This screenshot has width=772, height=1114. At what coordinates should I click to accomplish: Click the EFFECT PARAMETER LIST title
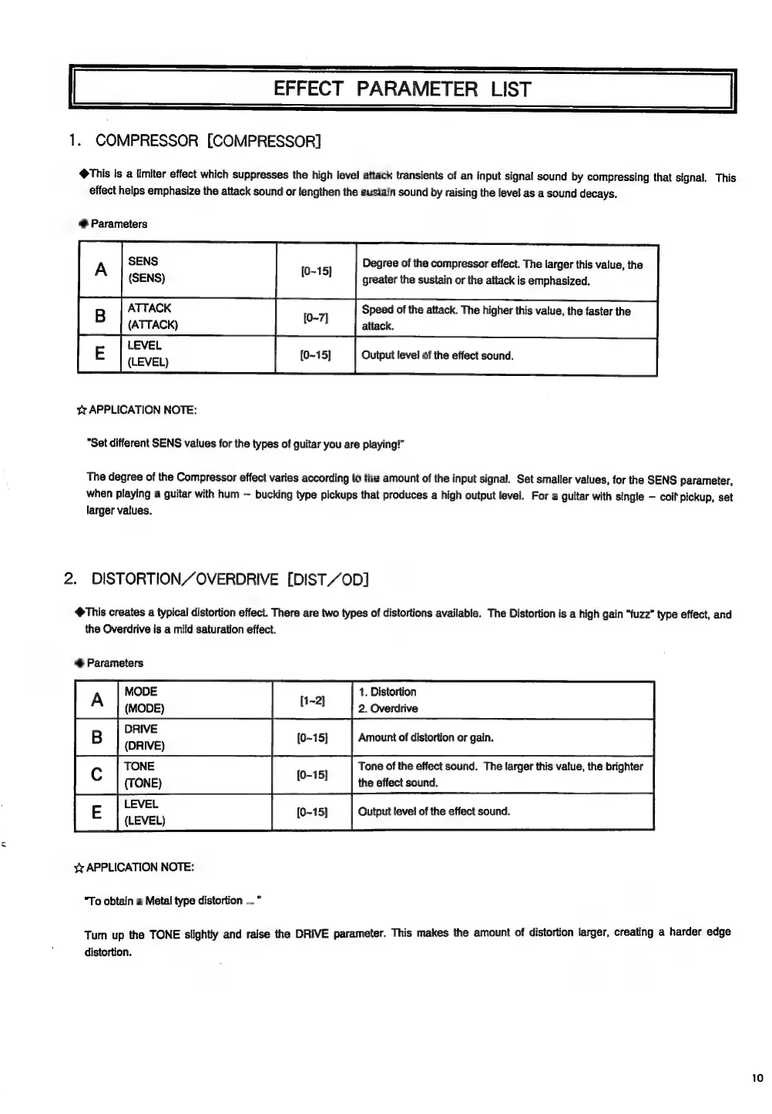point(401,89)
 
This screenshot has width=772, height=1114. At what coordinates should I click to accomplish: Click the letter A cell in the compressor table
point(100,270)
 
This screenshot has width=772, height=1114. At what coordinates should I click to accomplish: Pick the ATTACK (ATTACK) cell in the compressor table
point(153,316)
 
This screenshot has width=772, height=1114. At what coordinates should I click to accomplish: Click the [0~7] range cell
point(315,317)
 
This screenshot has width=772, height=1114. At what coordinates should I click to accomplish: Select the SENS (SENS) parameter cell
point(146,270)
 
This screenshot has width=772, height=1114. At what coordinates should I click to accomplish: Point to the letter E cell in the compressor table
point(99,354)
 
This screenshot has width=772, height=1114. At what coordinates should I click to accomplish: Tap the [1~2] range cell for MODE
point(311,700)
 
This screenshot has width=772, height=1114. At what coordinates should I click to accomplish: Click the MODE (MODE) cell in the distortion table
point(144,700)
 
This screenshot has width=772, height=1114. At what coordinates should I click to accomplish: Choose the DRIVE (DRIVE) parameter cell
point(144,737)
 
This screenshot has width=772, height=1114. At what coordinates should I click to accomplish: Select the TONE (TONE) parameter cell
point(143,774)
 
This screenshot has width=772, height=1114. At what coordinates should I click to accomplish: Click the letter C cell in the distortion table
point(97,774)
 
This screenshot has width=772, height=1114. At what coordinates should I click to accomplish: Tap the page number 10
point(757,1078)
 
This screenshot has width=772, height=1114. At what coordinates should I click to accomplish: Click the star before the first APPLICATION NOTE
point(82,411)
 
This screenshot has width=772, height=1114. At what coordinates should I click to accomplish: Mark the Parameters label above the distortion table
point(114,663)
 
